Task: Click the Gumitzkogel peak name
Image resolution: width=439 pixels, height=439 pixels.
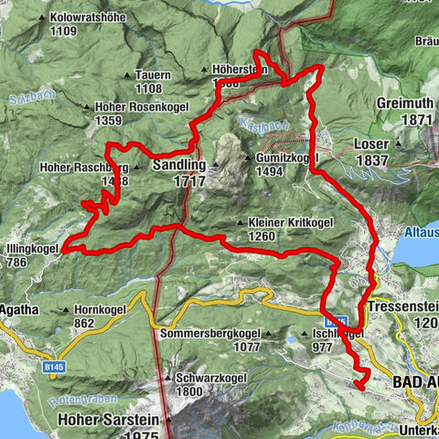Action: point(281,157)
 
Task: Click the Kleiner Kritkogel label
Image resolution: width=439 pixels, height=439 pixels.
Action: point(290,221)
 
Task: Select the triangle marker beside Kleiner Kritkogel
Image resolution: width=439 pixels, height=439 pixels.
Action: point(240,221)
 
